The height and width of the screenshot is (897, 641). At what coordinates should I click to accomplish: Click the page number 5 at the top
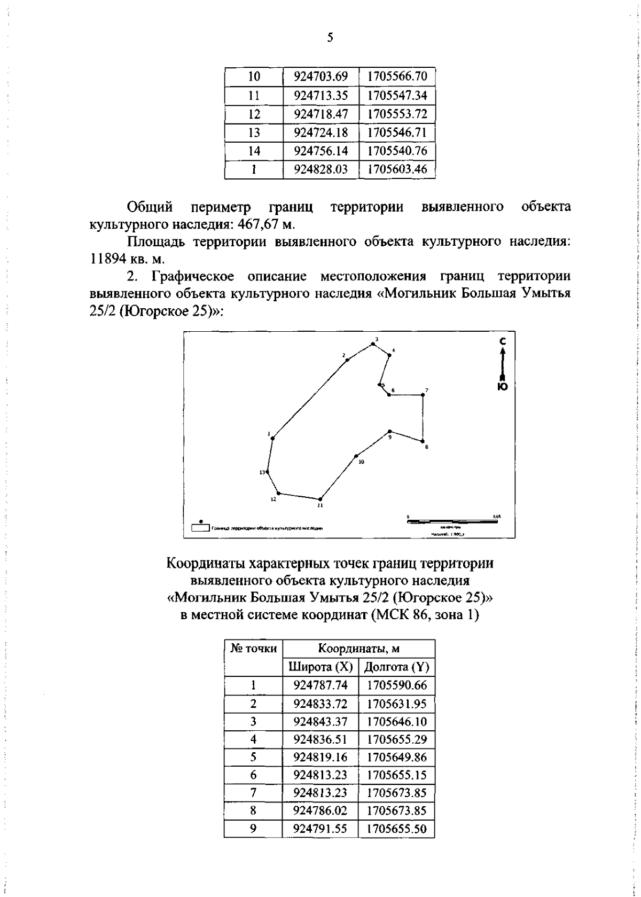[330, 37]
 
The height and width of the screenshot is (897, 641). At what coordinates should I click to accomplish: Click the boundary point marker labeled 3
[372, 344]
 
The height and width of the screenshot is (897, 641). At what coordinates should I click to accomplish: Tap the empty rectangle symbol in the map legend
[200, 528]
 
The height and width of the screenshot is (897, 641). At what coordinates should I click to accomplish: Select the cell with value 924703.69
[320, 77]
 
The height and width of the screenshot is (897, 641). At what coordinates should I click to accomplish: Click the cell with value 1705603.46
[397, 169]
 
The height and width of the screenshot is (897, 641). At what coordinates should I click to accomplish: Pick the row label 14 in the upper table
[254, 151]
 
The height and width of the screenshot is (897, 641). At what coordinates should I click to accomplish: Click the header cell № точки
[253, 649]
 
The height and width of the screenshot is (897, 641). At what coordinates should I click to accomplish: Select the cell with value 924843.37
[320, 722]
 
